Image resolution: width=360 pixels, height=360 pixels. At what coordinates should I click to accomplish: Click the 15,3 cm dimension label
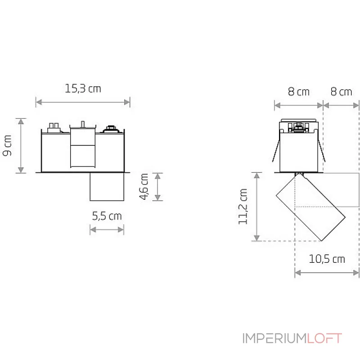click(83, 88)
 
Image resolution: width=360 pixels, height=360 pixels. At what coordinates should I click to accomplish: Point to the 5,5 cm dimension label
click(107, 216)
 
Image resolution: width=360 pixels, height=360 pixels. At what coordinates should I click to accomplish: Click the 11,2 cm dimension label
click(243, 206)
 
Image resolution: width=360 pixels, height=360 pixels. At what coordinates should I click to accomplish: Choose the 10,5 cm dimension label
click(327, 259)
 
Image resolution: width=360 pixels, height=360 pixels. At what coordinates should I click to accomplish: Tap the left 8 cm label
click(298, 92)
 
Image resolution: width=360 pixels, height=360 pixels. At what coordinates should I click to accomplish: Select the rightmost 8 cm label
click(341, 92)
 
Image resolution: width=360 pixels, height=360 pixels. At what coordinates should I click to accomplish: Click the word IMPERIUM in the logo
click(274, 338)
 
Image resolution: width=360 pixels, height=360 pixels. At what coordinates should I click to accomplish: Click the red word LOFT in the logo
click(324, 338)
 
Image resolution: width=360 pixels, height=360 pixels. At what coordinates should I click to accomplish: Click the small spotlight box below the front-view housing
click(107, 186)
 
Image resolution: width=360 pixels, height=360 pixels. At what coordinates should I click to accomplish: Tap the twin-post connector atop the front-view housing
click(55, 127)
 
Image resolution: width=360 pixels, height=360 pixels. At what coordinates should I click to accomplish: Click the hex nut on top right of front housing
click(111, 129)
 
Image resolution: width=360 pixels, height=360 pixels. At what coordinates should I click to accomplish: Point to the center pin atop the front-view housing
click(82, 124)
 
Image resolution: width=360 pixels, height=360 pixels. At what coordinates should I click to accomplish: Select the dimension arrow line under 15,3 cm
click(83, 102)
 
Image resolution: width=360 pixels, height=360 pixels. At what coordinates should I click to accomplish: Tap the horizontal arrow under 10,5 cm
click(327, 272)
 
